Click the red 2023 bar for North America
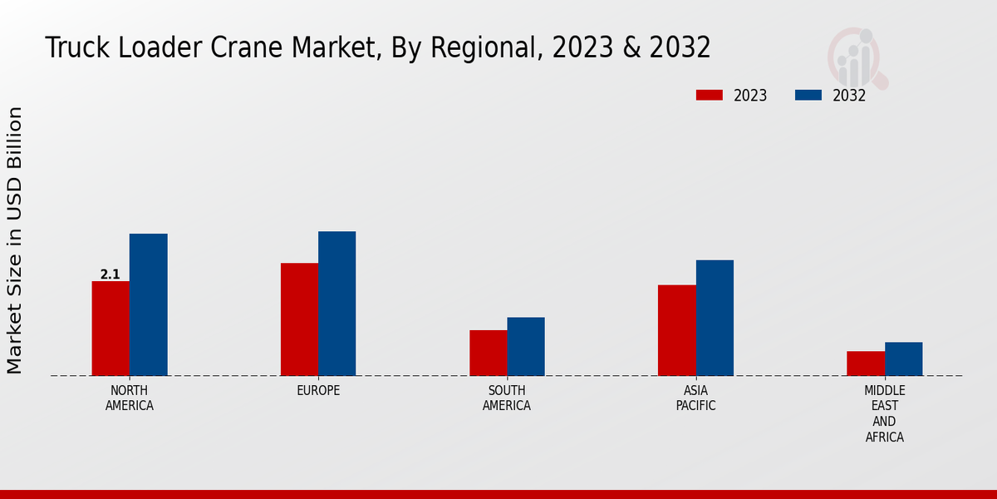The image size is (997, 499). coord(111,329)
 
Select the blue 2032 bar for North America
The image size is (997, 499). coord(149,304)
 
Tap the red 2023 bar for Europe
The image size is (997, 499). coord(299,319)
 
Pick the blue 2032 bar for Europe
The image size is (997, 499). coord(337,304)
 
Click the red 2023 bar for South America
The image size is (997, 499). coord(489,353)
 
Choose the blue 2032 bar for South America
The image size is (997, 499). coord(526,346)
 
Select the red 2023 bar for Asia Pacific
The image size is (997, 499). coord(677,330)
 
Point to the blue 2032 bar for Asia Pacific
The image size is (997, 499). coord(715,318)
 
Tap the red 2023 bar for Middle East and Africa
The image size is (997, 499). coord(866,363)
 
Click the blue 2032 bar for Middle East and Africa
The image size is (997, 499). coord(904,358)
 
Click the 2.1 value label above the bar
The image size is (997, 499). coord(110,274)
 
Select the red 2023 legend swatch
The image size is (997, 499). coord(710,96)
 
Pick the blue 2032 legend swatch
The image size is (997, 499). coord(808,96)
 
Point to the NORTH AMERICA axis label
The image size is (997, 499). coord(130,398)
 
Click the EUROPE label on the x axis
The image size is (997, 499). coord(318,391)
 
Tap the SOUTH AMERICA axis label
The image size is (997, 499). coord(507,398)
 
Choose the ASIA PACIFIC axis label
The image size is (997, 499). coord(695,398)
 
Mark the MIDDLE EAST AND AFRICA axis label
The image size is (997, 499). coord(885,413)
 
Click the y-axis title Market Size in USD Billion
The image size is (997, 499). coord(15,240)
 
